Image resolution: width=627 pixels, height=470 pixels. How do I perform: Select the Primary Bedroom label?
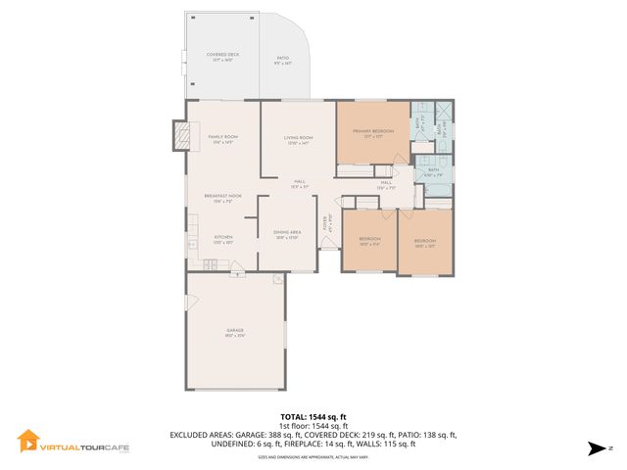[373, 132]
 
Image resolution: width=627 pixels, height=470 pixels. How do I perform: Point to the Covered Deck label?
[222, 57]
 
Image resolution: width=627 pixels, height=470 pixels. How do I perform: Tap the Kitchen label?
[222, 239]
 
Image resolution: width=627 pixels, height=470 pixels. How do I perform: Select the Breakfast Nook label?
[222, 198]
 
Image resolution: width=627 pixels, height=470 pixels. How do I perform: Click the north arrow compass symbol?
[595, 448]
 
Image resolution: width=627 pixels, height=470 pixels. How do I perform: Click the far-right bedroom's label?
[424, 242]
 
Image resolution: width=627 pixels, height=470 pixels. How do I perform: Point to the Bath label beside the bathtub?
[433, 171]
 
